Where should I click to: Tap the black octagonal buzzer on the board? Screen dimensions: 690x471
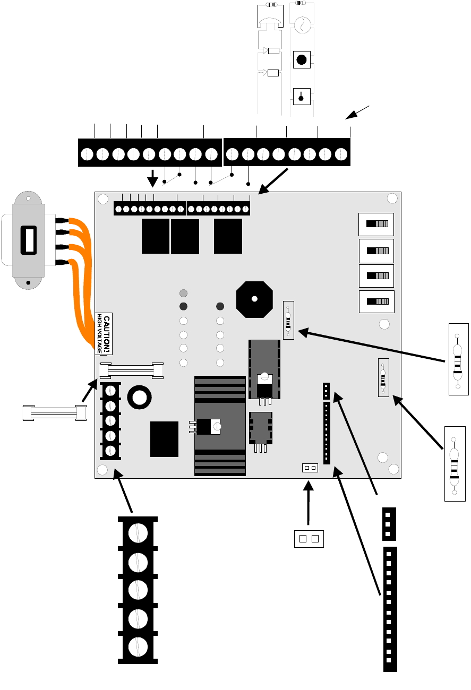(254, 299)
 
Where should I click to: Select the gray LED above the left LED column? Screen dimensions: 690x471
(184, 293)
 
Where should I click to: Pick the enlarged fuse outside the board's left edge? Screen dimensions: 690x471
(54, 412)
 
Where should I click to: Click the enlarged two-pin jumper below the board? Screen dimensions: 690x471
(309, 539)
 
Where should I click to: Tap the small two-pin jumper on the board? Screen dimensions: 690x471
(310, 468)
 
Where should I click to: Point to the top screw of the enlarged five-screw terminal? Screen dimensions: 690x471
(138, 532)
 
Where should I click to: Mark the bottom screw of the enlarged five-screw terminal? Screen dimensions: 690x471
(138, 646)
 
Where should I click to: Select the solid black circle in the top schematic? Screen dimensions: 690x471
(302, 59)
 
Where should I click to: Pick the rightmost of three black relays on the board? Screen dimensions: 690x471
(228, 236)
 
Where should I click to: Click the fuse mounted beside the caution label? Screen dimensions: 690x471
(132, 369)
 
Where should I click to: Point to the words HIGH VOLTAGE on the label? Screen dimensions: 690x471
(99, 333)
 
